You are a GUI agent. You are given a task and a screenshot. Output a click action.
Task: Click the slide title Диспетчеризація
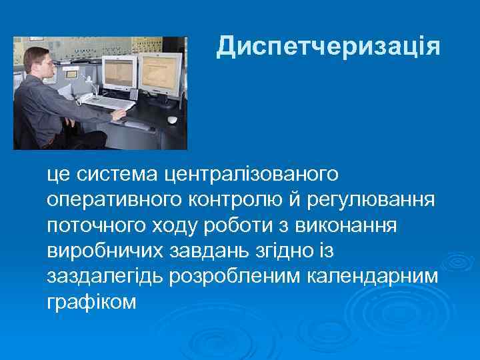328,47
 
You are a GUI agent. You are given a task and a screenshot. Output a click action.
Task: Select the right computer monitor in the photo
161,71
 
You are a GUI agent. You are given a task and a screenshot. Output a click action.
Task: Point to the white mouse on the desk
172,120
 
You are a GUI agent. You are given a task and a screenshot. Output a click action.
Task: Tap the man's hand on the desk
118,114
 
